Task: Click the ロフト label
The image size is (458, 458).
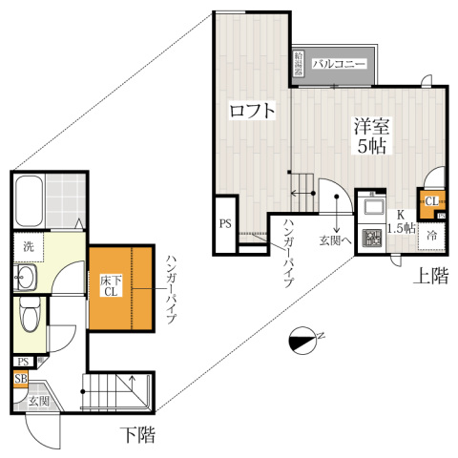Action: point(252,111)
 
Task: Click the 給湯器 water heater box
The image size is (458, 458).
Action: point(299,65)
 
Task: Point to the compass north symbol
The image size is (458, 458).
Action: point(307,337)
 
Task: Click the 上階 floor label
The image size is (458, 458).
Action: point(430,277)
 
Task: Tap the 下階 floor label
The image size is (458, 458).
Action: point(137,436)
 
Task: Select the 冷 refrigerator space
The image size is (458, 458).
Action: point(432,236)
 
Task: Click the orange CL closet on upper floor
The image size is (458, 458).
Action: point(431,201)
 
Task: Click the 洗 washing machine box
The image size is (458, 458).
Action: point(30,246)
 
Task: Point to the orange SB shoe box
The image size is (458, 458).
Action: point(20,379)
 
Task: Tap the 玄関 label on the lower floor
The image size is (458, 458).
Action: point(39,402)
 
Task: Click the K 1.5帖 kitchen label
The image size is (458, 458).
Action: point(401,222)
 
